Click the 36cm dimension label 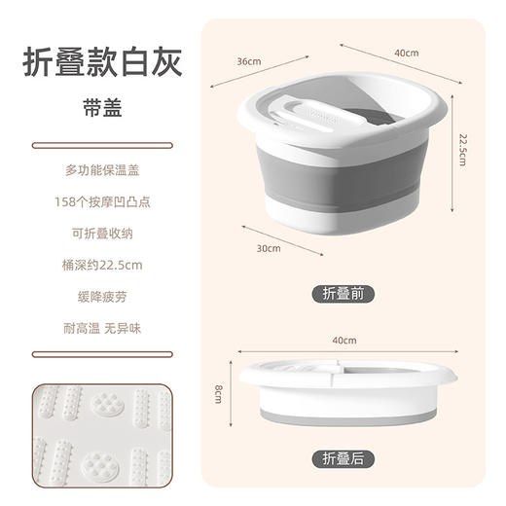click(249, 60)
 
